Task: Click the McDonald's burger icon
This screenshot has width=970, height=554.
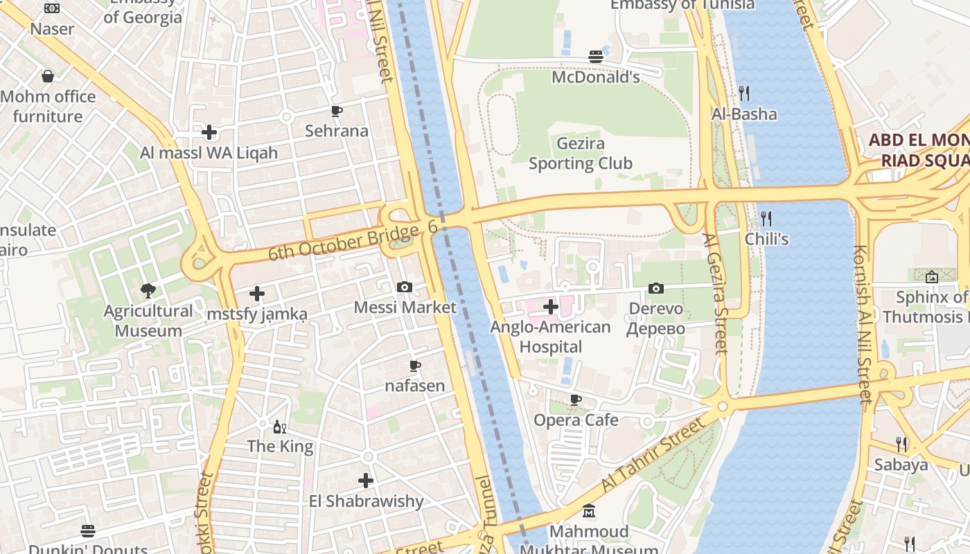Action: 595,57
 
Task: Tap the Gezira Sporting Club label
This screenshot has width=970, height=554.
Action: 581,154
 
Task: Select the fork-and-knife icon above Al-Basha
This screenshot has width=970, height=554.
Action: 744,93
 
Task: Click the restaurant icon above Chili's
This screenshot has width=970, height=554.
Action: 766,219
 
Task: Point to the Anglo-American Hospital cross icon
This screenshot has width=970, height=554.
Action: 551,306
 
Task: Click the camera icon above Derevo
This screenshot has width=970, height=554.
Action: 655,288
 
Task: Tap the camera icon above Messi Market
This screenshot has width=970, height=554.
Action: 405,287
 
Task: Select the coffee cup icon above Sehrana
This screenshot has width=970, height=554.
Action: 337,111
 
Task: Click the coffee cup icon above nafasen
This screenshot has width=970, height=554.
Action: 415,366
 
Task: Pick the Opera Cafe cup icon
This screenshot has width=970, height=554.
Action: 575,400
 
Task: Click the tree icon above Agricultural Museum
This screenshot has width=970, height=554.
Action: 148,290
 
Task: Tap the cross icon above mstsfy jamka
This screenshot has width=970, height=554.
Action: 257,294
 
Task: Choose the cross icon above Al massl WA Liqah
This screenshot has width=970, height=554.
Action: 209,132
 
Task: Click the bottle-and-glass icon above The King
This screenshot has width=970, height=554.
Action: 280,427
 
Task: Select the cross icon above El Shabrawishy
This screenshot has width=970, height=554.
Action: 366,480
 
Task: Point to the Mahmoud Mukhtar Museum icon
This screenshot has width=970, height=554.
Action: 589,512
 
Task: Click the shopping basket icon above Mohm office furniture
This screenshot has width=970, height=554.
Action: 48,76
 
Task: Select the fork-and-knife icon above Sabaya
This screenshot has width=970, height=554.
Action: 901,444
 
